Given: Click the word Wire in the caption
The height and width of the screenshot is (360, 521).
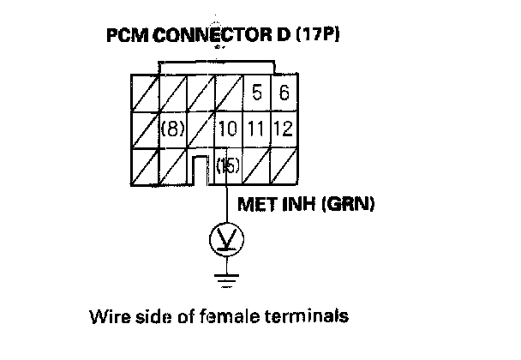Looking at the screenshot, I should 106,316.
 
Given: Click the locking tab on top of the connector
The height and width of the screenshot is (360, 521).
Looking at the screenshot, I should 219,67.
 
